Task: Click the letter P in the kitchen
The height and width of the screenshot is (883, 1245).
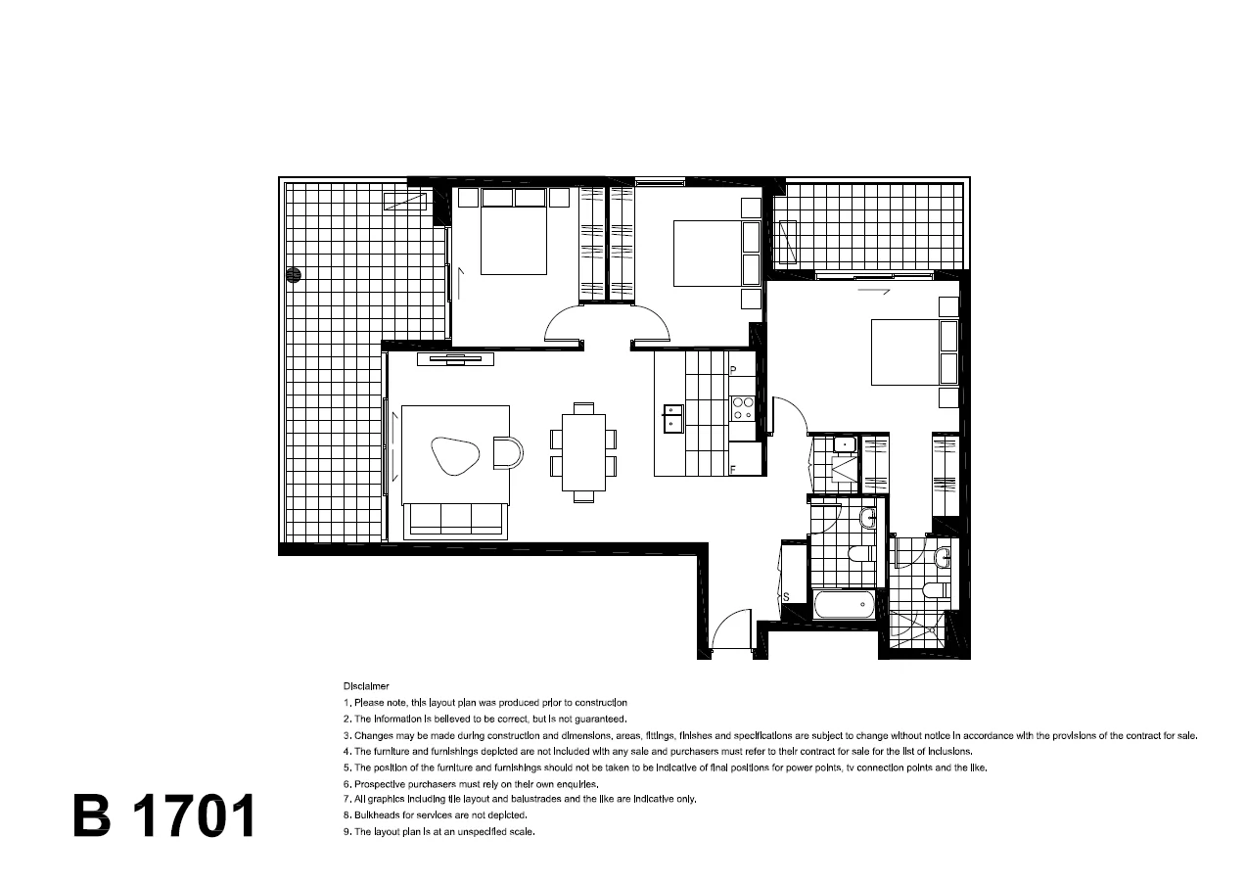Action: [732, 370]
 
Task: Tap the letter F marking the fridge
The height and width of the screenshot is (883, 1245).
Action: [732, 470]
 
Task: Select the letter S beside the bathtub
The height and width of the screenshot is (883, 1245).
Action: [786, 596]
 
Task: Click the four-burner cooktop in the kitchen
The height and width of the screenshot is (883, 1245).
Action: [742, 408]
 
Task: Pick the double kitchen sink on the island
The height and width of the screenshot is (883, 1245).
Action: [672, 419]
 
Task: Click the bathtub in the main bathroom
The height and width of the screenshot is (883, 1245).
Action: [844, 604]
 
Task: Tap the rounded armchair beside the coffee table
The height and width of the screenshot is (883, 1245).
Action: [508, 452]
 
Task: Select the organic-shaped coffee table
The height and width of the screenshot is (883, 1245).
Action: [455, 455]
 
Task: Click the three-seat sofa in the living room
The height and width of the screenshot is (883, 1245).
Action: [456, 520]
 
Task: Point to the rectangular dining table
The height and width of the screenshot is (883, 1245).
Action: [583, 451]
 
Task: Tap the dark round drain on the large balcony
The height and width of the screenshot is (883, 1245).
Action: [292, 275]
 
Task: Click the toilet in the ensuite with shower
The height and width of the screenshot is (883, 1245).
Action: [934, 590]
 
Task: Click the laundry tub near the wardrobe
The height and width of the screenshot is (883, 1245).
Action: [844, 446]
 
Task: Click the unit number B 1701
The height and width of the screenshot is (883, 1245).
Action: [163, 815]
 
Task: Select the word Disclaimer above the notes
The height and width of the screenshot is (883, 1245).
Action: [366, 686]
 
